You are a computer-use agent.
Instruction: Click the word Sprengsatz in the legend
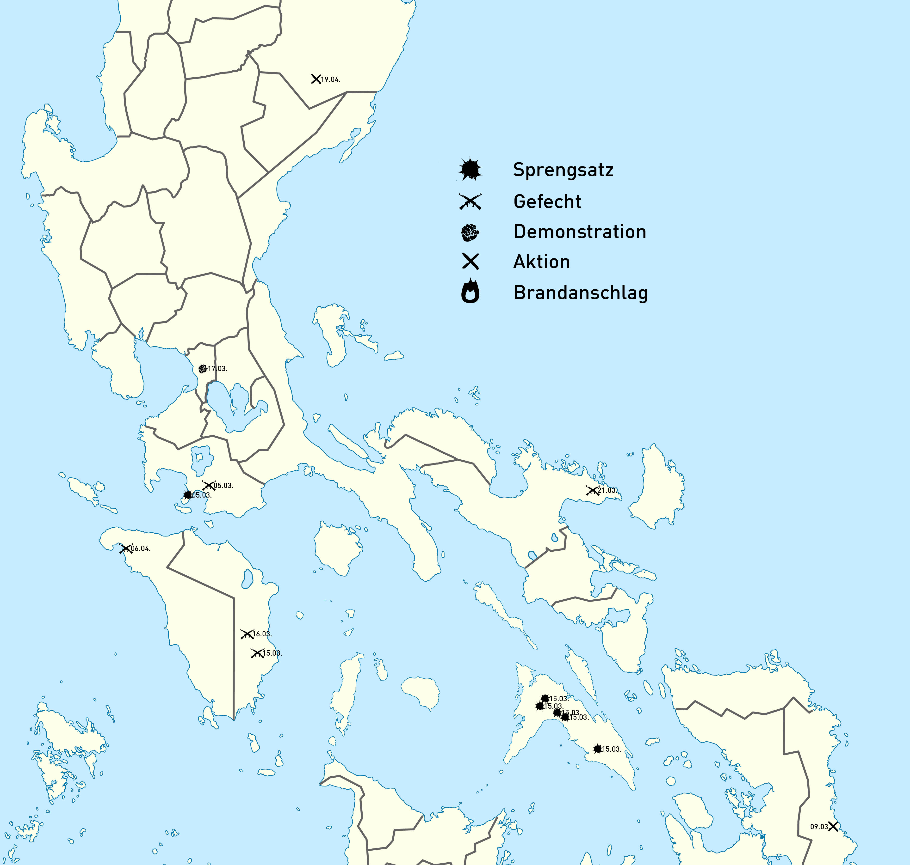563,170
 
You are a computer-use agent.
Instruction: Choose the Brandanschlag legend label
581,293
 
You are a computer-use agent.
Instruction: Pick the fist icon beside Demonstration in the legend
470,232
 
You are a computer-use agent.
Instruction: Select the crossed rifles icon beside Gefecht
470,201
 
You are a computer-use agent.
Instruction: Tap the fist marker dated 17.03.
203,369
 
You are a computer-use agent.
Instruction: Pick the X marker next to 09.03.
833,827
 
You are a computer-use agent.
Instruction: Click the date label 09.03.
819,827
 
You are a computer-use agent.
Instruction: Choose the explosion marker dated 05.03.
187,495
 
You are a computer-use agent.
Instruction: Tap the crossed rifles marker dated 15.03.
257,653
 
